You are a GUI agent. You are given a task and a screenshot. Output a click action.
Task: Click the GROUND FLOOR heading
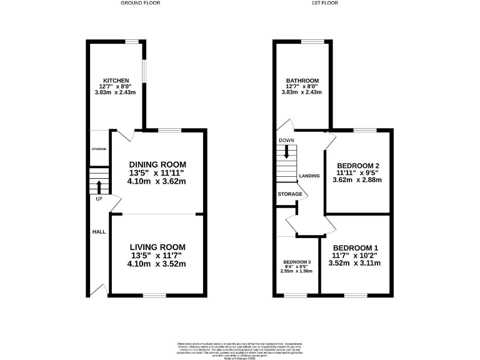pyautogui.click(x=140, y=3)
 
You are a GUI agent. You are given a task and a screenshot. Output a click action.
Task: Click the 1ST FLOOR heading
pyautogui.click(x=324, y=3)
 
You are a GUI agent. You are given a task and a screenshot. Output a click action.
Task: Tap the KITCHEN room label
pyautogui.click(x=116, y=81)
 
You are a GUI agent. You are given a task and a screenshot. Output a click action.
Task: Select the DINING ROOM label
pyautogui.click(x=157, y=164)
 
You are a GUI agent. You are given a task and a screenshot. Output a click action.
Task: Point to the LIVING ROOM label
pyautogui.click(x=157, y=247)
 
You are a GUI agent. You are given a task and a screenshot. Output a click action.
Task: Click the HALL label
pyautogui.click(x=99, y=232)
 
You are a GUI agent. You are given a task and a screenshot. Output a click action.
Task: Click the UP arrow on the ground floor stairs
pyautogui.click(x=99, y=186)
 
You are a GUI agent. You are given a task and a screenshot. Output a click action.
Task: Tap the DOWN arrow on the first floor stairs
pyautogui.click(x=287, y=151)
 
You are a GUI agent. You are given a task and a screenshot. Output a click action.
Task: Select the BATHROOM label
pyautogui.click(x=302, y=81)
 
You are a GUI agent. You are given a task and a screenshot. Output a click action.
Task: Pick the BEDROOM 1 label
pyautogui.click(x=355, y=247)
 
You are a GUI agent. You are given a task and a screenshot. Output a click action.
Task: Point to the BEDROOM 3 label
pyautogui.click(x=296, y=262)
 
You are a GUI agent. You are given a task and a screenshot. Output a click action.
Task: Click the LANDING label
pyautogui.click(x=310, y=176)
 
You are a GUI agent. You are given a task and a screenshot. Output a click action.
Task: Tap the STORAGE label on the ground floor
pyautogui.click(x=99, y=149)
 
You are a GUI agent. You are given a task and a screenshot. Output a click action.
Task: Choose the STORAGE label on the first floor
pyautogui.click(x=290, y=194)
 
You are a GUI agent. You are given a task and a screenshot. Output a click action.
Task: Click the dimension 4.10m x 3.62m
pyautogui.click(x=157, y=182)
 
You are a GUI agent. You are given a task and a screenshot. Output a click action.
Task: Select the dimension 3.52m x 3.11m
pyautogui.click(x=355, y=263)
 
